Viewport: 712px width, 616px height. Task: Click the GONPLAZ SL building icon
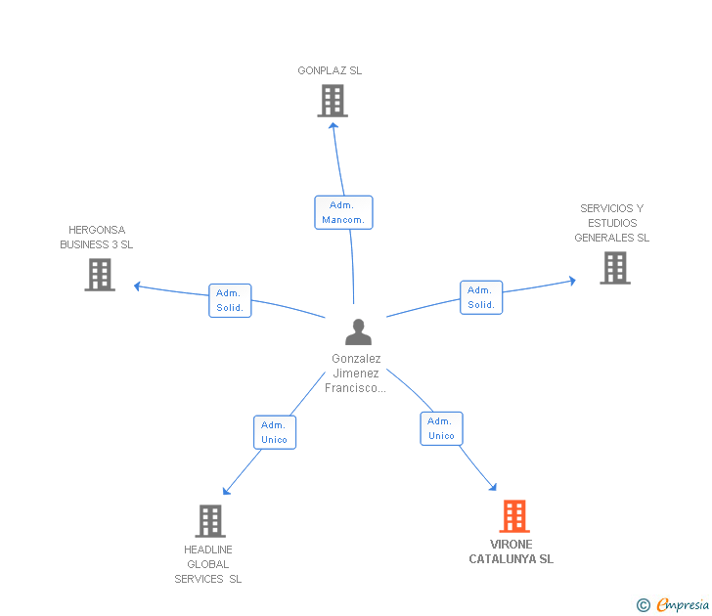[333, 100]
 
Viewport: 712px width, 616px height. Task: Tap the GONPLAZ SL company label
[330, 70]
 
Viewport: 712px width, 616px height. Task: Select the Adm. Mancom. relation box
[343, 212]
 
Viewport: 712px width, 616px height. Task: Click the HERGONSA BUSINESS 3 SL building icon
[100, 275]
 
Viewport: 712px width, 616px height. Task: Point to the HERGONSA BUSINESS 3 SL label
[96, 238]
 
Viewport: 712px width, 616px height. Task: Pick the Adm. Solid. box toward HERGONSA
[230, 300]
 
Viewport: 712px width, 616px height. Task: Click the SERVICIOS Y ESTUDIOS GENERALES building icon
[614, 268]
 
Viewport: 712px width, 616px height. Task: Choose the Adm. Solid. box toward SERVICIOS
[480, 297]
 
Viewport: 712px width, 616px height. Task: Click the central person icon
[358, 332]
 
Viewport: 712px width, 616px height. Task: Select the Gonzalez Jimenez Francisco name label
[356, 374]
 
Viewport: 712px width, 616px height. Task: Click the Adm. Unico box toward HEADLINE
[274, 432]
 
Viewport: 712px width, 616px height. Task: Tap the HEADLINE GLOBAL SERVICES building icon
[210, 521]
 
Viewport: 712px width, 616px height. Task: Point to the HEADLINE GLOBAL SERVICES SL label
[208, 564]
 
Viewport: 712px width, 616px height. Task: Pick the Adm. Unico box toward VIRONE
[441, 428]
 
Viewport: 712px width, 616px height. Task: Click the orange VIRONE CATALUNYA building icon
[514, 516]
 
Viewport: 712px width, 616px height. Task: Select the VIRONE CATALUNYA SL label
[511, 551]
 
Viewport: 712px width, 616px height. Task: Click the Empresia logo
[682, 605]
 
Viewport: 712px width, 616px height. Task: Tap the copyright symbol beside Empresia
[644, 606]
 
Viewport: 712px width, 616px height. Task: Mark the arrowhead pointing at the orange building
[493, 486]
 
